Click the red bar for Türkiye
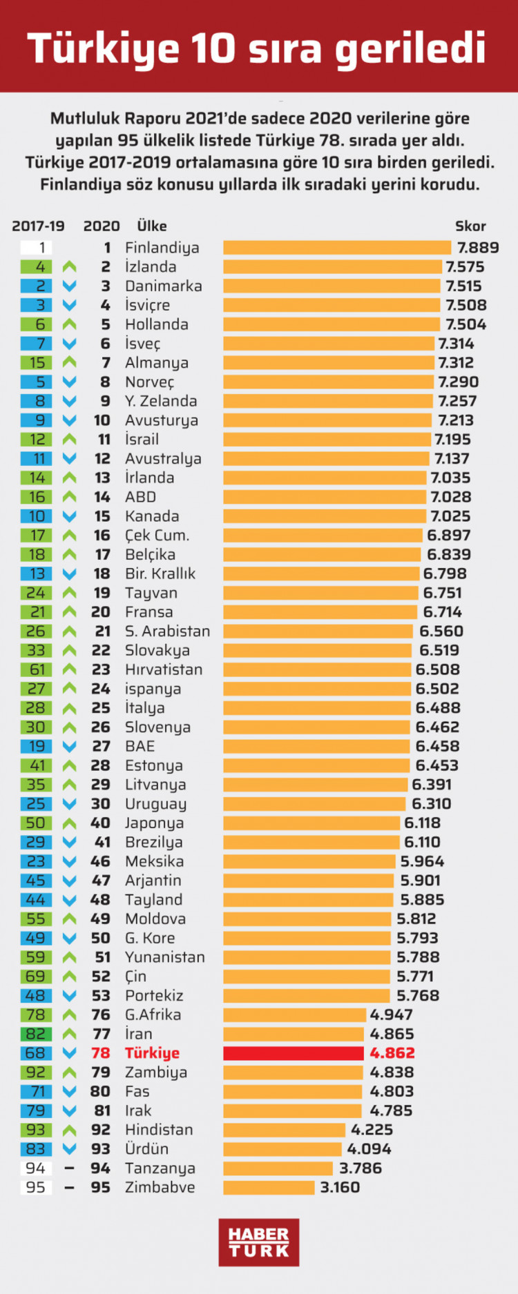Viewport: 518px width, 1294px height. tap(293, 1053)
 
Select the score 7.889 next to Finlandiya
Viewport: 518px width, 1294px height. tap(478, 248)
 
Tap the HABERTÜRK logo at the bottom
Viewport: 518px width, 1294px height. tap(259, 1242)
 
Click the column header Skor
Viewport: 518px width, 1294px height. tap(470, 226)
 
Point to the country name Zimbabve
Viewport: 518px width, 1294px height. tap(160, 1187)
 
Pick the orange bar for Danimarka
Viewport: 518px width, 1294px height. tap(332, 286)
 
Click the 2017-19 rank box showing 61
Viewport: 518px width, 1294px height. tap(37, 669)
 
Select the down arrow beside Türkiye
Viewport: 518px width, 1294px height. tap(69, 1053)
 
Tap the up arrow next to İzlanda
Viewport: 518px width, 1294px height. tap(69, 267)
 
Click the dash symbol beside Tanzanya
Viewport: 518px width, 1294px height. tap(69, 1168)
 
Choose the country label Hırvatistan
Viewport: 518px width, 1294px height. tap(164, 669)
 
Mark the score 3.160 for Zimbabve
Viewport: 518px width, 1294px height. tap(340, 1187)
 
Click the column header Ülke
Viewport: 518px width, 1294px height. tap(152, 226)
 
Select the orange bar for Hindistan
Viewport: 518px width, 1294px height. tap(284, 1130)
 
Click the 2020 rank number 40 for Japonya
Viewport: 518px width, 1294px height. tap(101, 823)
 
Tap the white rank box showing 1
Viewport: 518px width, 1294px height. tap(37, 248)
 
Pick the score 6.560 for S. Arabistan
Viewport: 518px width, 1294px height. tap(441, 631)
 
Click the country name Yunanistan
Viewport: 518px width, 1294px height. tap(165, 957)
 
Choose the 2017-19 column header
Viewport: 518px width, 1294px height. tap(38, 226)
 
